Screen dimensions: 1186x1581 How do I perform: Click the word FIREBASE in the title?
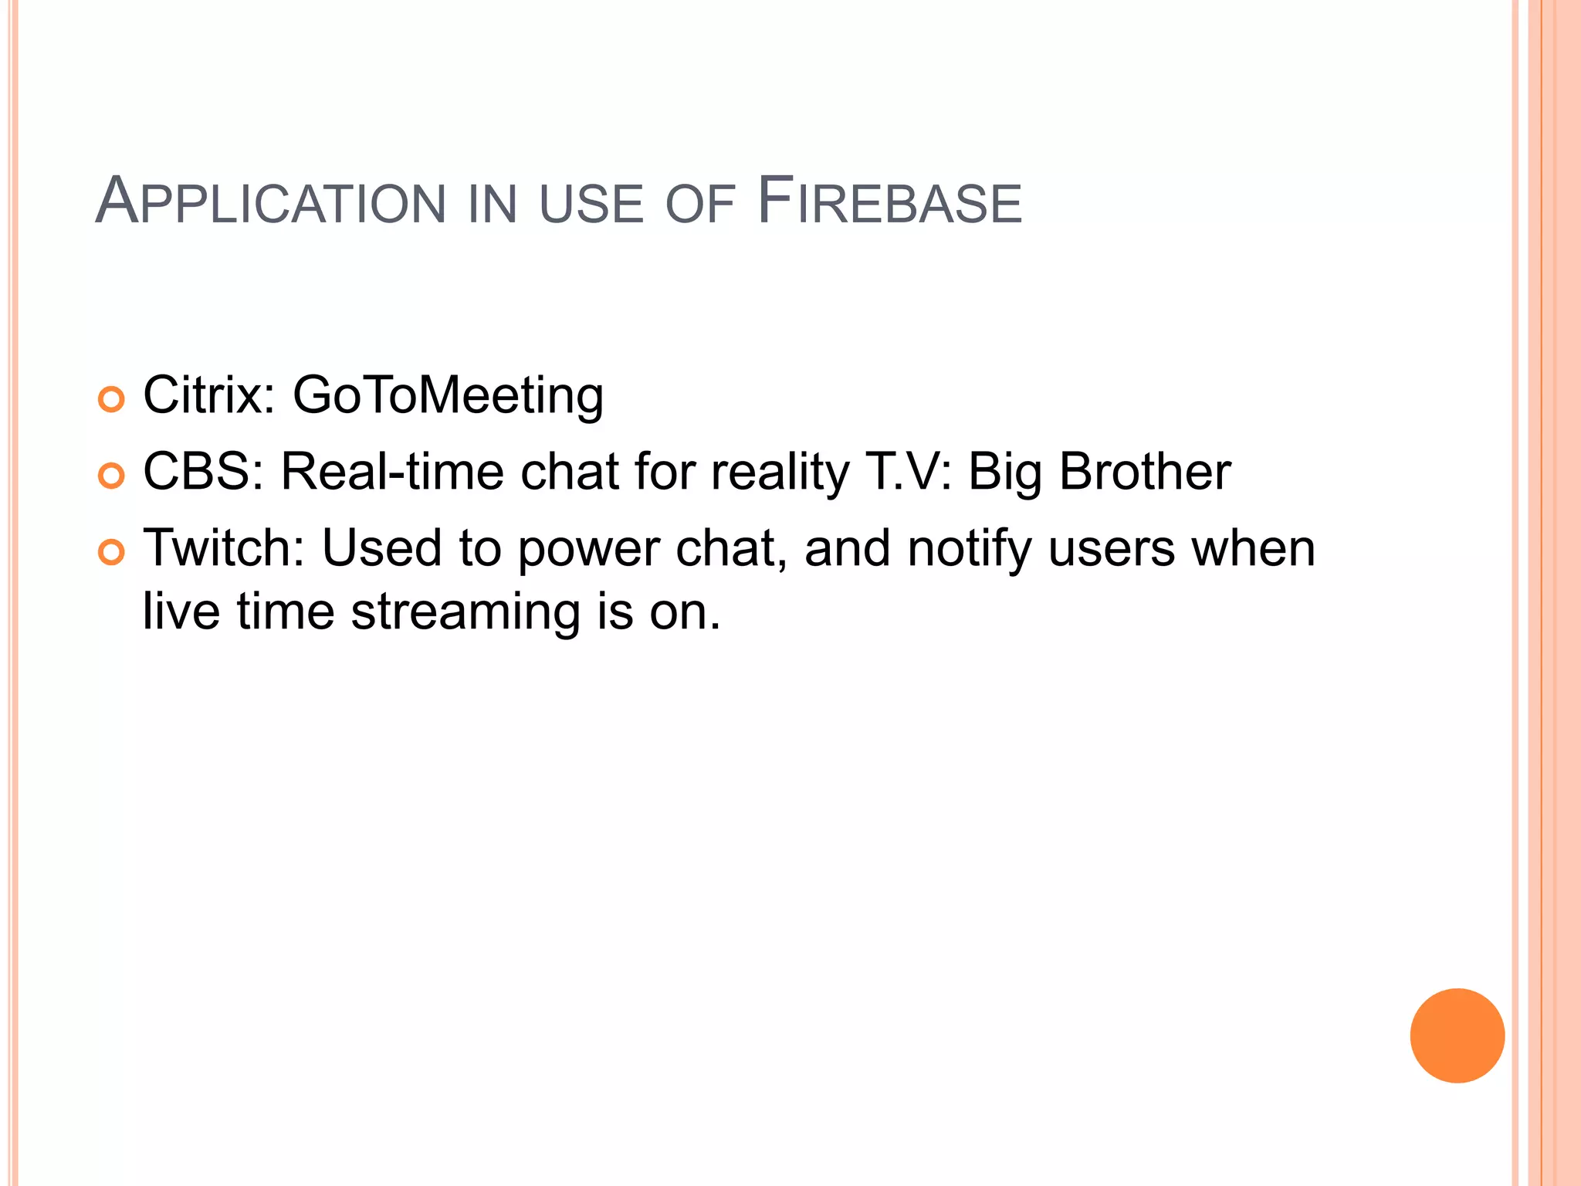[889, 202]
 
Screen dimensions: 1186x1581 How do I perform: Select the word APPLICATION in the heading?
[270, 202]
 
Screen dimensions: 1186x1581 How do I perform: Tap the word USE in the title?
[591, 204]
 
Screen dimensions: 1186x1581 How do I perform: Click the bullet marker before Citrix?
[111, 400]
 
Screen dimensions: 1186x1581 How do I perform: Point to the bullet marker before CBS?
[111, 476]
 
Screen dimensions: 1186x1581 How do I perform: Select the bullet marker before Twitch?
[111, 552]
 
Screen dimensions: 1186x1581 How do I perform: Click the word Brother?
[1144, 471]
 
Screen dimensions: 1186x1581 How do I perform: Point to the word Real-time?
[391, 471]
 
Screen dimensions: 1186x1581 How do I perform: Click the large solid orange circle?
[1457, 1035]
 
